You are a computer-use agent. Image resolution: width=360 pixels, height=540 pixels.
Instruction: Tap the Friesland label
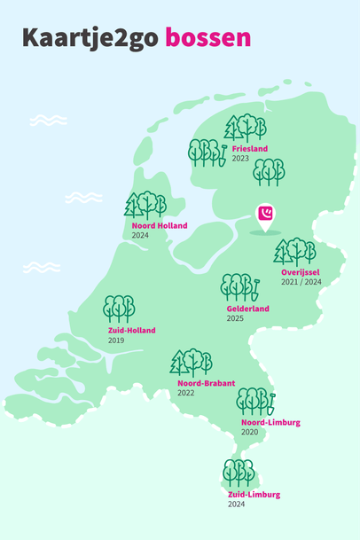249,149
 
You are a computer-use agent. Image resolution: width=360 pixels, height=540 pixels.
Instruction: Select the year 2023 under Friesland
240,159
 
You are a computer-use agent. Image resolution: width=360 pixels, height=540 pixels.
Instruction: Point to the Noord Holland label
160,226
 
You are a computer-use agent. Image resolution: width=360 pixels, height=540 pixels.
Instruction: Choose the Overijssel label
300,271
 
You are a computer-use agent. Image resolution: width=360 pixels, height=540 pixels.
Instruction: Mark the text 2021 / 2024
301,281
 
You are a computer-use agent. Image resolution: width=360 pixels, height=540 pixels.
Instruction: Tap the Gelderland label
247,309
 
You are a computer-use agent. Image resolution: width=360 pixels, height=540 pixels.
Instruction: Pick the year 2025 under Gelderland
235,318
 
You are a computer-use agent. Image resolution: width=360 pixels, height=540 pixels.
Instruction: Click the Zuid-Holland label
131,330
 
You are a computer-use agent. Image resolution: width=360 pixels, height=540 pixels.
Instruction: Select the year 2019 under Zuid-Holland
116,340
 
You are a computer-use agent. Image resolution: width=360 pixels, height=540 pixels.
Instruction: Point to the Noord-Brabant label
206,383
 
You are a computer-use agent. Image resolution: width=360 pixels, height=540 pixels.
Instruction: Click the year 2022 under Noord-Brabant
185,393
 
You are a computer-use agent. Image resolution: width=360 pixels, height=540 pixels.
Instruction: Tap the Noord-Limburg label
270,422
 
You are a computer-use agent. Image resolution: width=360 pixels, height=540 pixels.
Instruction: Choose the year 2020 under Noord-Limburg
249,432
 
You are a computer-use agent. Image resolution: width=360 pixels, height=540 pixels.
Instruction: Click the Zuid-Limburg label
254,494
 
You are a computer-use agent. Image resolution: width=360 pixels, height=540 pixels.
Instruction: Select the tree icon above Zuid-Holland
119,309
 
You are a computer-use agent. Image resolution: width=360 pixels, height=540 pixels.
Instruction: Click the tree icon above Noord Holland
145,205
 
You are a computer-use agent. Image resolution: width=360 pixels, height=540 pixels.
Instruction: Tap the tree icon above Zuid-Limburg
239,473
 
